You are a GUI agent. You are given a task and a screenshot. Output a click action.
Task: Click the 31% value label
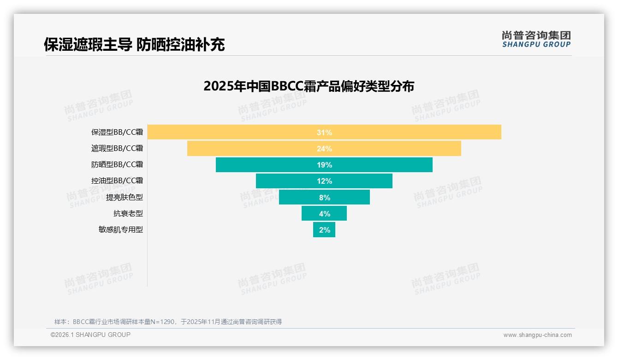(x=324, y=132)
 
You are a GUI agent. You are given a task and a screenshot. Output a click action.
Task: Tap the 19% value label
(x=324, y=165)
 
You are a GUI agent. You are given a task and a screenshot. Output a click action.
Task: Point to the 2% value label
(x=325, y=230)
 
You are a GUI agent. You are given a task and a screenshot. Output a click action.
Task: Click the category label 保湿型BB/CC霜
(x=117, y=132)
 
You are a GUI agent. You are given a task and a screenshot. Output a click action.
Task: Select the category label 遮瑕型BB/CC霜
(x=117, y=149)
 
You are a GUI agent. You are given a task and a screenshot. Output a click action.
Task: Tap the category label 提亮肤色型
(x=125, y=197)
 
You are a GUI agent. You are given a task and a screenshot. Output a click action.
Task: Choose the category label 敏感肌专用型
(x=121, y=229)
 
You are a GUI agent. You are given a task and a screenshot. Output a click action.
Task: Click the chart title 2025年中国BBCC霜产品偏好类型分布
(x=309, y=86)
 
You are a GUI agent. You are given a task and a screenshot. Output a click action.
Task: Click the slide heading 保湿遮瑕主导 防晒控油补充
(x=134, y=44)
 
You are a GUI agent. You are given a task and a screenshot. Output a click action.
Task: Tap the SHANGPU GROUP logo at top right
(x=536, y=39)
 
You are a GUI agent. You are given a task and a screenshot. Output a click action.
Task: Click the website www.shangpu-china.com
(x=537, y=335)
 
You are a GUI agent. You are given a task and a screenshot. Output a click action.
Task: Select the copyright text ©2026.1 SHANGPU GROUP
(x=90, y=335)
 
